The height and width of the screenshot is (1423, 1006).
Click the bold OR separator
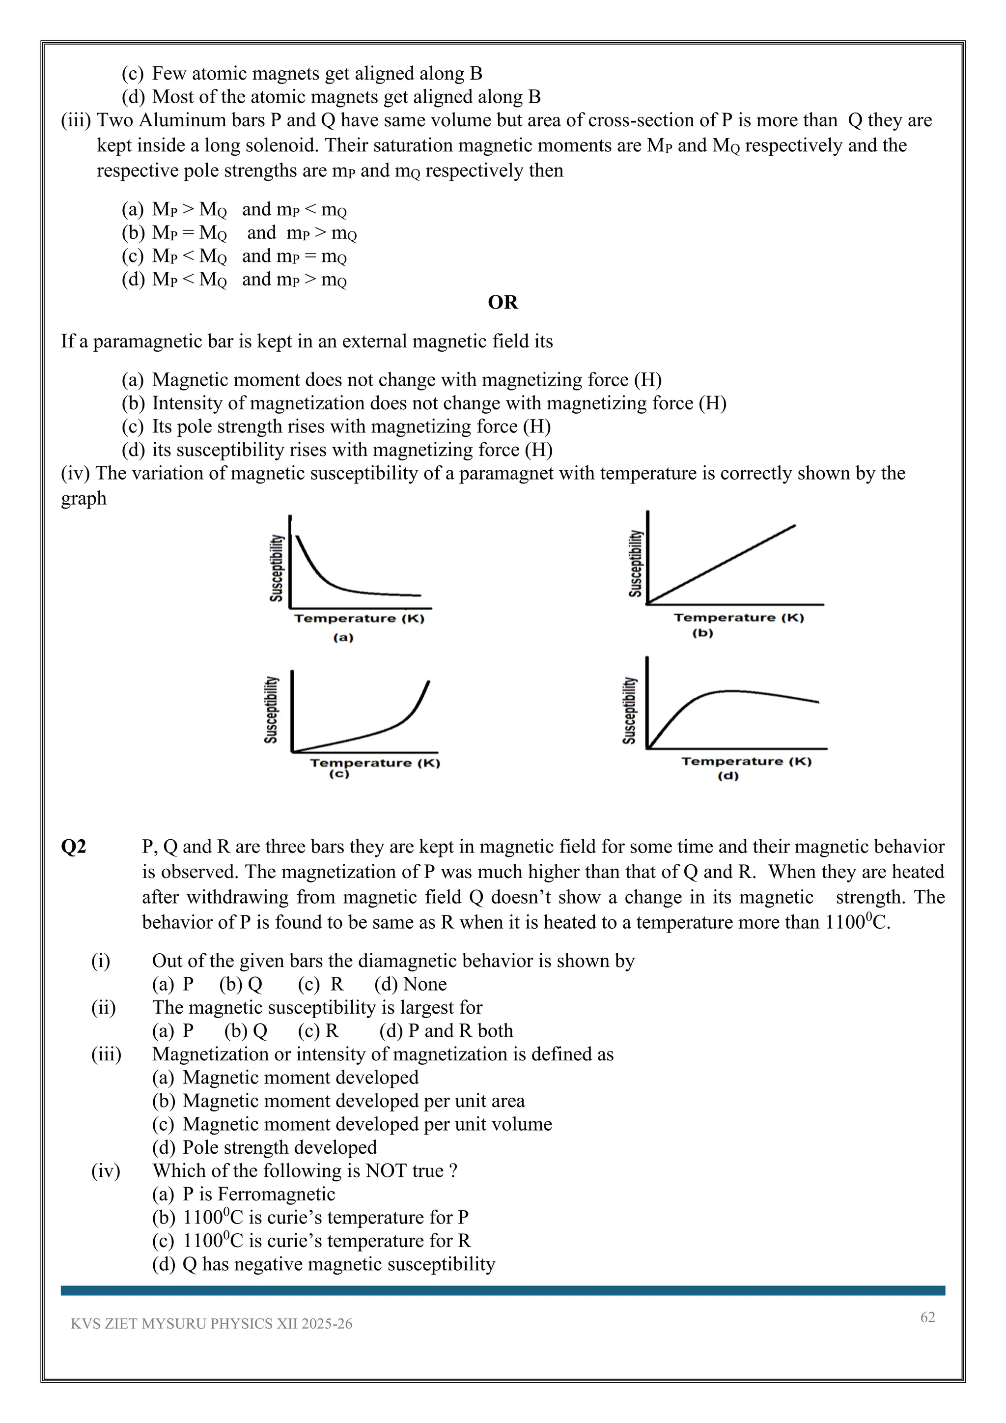[x=503, y=303]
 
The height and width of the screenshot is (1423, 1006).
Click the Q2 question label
[x=74, y=847]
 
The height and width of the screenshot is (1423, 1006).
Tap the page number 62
[x=927, y=1317]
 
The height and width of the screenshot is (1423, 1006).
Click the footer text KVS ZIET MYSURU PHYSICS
[x=211, y=1324]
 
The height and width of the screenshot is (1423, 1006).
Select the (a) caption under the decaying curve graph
[x=343, y=637]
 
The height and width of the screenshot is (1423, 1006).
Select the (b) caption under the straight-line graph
[x=702, y=633]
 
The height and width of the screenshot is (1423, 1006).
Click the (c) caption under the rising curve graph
[x=339, y=774]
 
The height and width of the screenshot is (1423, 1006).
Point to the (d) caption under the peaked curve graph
[x=728, y=776]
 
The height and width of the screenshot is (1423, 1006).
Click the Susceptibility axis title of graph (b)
[x=636, y=564]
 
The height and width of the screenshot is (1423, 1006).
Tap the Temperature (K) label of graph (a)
[x=359, y=619]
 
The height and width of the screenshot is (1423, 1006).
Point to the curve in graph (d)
[x=731, y=690]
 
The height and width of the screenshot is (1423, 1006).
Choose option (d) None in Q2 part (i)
[x=410, y=984]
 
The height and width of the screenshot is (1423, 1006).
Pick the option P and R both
[x=446, y=1031]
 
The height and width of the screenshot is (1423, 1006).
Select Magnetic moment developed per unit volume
[x=367, y=1124]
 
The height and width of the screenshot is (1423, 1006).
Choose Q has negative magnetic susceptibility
[x=338, y=1264]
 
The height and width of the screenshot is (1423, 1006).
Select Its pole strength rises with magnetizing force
[x=351, y=427]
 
